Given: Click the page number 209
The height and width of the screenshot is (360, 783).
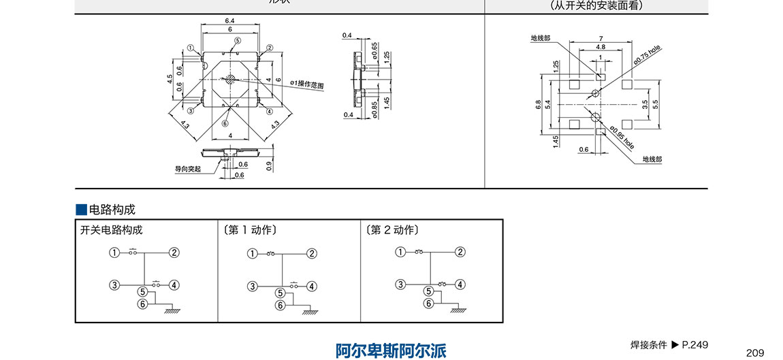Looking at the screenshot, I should [x=755, y=352].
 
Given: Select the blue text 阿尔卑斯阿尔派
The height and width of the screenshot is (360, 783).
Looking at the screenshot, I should [x=391, y=350].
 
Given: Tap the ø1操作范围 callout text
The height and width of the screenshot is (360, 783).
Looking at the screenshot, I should [x=307, y=83].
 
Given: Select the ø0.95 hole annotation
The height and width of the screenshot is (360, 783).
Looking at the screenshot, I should [x=622, y=137].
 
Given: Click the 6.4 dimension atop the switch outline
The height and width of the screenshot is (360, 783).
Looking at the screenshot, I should [x=230, y=22].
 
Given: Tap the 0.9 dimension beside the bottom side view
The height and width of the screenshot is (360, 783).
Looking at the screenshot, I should [x=269, y=164].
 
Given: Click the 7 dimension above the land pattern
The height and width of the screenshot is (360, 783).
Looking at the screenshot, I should [x=600, y=39].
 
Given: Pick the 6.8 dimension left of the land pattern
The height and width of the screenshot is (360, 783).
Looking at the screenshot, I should [x=538, y=105].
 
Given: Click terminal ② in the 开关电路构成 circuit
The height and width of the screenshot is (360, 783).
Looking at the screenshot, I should [x=174, y=253].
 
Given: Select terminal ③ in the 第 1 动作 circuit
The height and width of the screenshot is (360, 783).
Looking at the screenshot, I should [x=252, y=286].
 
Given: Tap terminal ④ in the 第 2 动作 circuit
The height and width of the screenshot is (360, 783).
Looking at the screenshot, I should [x=460, y=284].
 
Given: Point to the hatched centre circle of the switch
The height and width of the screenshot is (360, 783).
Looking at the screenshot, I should [x=231, y=79].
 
